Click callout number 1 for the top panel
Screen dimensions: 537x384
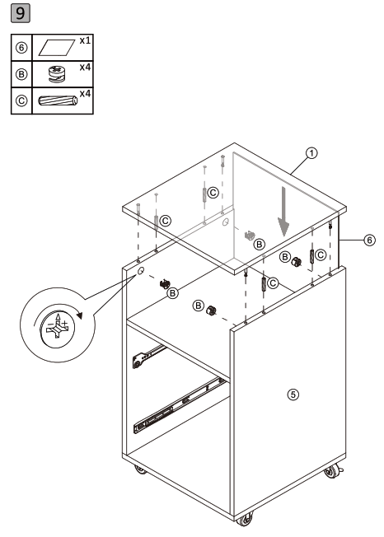(x=311, y=152)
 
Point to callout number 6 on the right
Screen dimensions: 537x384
(x=370, y=239)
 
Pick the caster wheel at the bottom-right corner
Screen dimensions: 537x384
(x=332, y=474)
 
